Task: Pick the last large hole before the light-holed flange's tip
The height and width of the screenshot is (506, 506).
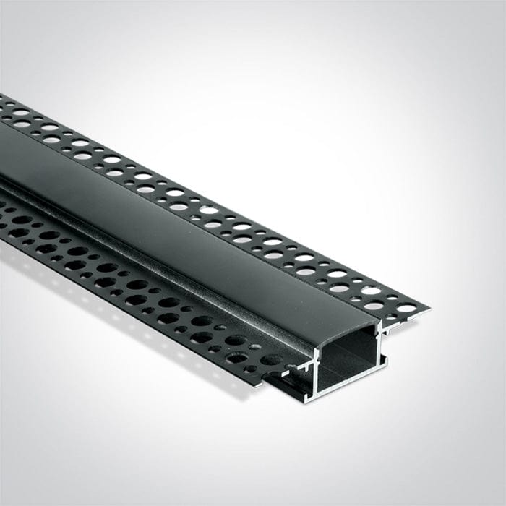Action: pos(406,308)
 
